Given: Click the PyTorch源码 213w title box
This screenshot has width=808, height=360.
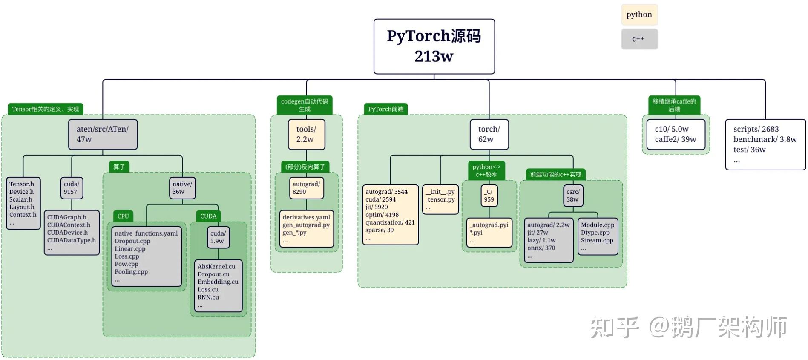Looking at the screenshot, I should [434, 46].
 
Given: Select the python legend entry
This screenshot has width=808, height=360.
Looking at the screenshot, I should [639, 14].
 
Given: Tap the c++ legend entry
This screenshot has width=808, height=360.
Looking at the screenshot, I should [639, 39].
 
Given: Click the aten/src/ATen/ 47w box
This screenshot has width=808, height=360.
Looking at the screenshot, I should [103, 134].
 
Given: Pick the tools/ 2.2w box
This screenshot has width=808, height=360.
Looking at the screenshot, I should [306, 134].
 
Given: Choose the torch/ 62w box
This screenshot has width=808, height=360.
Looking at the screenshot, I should [489, 134].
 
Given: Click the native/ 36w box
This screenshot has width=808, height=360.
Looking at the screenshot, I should [182, 188].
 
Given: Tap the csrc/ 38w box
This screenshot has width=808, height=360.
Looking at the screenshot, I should [573, 196].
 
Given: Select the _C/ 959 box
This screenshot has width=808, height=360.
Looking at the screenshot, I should [489, 196].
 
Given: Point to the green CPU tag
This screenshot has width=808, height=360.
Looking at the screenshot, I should [123, 216].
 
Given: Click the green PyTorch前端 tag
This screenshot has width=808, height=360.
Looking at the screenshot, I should [385, 109].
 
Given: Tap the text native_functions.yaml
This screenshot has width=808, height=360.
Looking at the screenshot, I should [146, 233].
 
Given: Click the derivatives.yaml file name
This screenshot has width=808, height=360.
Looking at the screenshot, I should [306, 217].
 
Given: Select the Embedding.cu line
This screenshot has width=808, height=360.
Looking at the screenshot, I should [218, 282].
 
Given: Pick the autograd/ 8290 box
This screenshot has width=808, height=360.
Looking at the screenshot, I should [306, 188].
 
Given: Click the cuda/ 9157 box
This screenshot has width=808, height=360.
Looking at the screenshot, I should [71, 188].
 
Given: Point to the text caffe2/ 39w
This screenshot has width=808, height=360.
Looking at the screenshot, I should [675, 139].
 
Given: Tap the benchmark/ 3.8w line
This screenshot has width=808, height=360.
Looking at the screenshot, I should [765, 139].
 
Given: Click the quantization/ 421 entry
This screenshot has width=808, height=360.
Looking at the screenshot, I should [390, 222].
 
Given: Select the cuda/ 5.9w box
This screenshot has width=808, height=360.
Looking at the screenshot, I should [218, 237].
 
